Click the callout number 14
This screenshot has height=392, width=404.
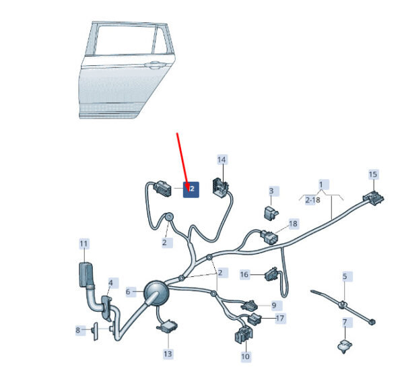222,160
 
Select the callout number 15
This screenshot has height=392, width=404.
373,174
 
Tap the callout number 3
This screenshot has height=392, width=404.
271,191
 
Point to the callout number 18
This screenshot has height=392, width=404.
293,224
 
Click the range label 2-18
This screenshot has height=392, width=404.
312,200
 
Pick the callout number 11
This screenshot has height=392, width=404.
83,244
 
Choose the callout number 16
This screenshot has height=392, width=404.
244,274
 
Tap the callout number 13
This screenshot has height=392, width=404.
168,354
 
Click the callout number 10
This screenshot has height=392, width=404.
245,356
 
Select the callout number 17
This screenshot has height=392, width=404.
280,319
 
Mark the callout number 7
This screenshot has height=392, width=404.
345,322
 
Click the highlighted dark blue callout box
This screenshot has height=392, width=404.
191,190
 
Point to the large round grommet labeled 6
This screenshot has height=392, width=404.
157,293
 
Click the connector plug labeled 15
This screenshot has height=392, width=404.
374,198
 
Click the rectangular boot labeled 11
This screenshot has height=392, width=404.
86,275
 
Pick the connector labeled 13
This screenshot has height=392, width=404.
168,327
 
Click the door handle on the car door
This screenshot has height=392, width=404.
155,65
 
